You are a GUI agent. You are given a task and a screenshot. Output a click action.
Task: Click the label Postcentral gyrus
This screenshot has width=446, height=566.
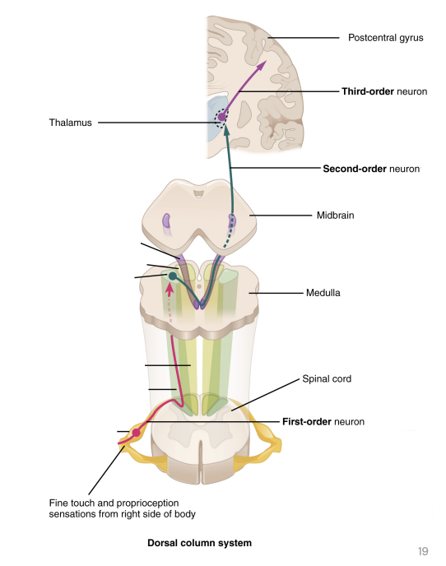click(385, 37)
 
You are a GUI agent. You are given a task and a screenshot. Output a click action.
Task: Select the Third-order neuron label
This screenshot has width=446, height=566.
click(384, 91)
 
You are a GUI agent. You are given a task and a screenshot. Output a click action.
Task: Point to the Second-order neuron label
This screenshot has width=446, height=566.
click(371, 169)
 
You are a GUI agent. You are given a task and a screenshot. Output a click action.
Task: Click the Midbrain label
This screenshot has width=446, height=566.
click(334, 216)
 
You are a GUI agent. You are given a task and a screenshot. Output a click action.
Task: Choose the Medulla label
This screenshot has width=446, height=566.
click(323, 292)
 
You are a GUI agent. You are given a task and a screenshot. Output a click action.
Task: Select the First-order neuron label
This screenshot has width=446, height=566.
click(323, 422)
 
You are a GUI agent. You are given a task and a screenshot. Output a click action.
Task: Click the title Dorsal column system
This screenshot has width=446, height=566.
click(199, 543)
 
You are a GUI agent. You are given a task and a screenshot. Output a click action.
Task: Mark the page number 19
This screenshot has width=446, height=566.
click(423, 551)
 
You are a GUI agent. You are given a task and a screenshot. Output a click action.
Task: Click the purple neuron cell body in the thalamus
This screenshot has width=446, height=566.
click(221, 117)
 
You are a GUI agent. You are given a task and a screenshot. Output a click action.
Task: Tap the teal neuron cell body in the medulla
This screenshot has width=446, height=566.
click(173, 276)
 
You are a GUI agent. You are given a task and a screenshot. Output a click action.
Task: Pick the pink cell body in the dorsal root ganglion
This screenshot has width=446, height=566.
click(137, 432)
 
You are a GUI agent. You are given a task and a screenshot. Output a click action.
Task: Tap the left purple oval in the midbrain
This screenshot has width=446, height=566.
click(166, 220)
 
